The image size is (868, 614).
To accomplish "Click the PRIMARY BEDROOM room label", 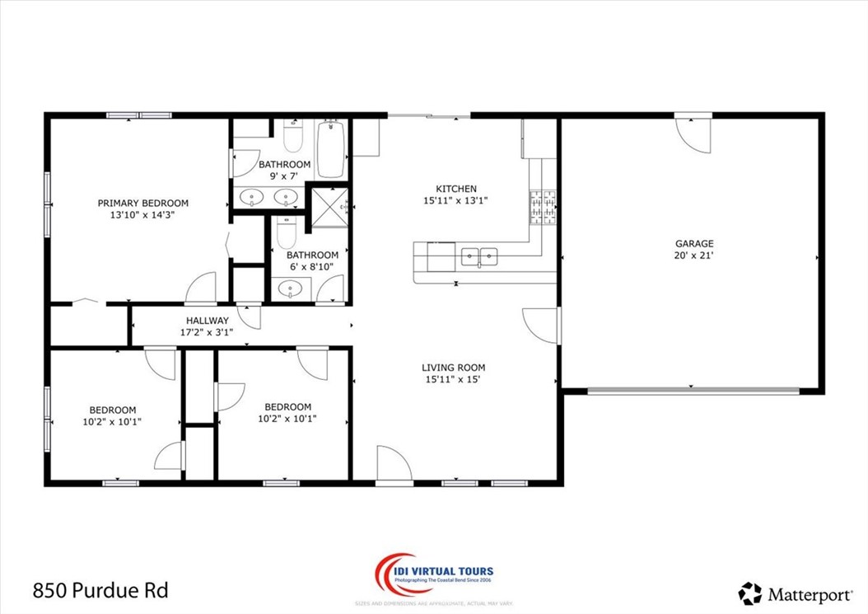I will point(143,203).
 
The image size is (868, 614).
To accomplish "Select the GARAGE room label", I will point(694,243).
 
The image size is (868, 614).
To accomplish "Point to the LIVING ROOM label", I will point(453,368).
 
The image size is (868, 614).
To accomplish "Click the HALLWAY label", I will point(208,321).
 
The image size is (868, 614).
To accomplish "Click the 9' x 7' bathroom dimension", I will point(285,176).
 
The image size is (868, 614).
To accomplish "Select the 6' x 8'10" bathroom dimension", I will point(312,266).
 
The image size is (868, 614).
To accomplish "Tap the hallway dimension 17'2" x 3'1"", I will point(208,332).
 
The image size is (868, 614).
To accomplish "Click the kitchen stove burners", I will point(543,206).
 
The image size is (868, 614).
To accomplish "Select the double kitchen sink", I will point(479,257).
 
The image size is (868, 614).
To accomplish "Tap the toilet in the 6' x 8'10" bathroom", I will point(286,233).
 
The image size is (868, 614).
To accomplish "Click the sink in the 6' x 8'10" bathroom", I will point(291,289).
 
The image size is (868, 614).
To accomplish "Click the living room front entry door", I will point(394,462).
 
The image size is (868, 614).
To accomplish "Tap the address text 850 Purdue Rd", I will point(100,590).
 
